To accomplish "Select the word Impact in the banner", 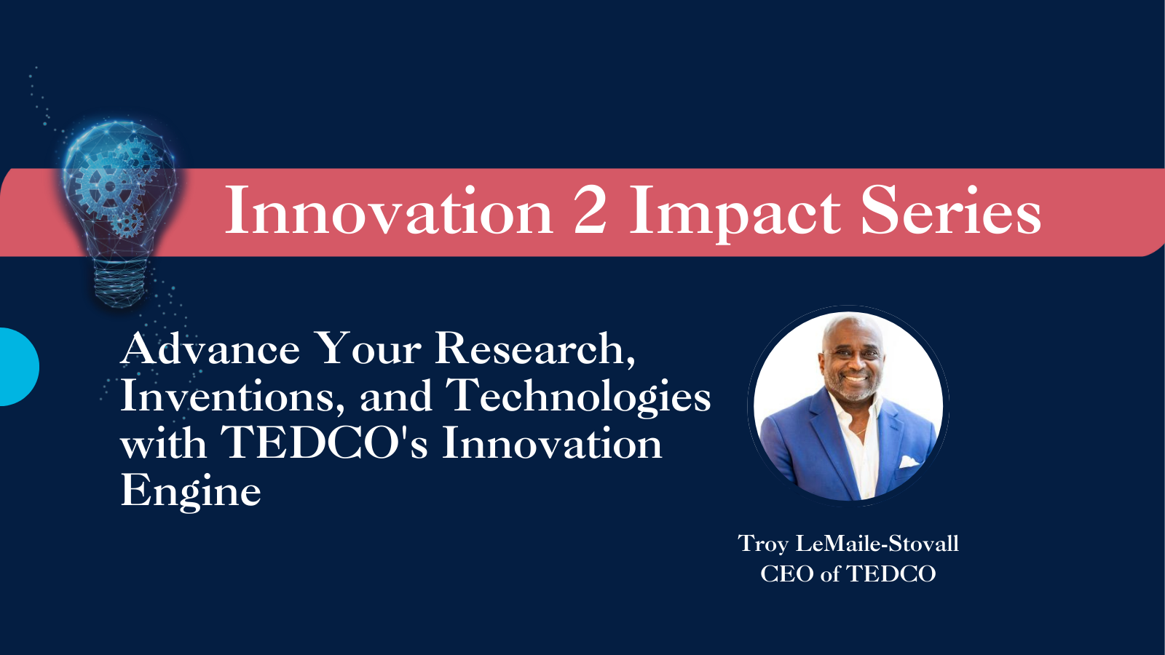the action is tap(735, 214).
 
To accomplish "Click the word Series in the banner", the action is tap(951, 211).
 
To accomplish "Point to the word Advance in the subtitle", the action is tap(210, 349).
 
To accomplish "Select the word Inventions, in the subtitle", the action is tap(232, 396).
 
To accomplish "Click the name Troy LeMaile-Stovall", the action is tap(848, 544).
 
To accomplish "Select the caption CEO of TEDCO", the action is tap(848, 574).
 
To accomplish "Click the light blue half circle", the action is tap(19, 367).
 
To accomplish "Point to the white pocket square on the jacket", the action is tap(909, 461).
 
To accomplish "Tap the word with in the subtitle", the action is tap(163, 443).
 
